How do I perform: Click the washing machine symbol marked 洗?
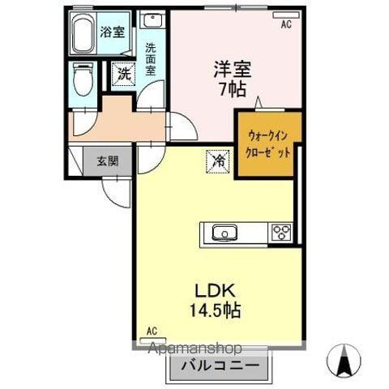pos(122,73)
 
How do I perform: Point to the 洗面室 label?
pos(150,58)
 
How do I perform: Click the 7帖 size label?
pos(230,88)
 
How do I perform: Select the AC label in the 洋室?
pos(285,25)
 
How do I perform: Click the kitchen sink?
pos(223,233)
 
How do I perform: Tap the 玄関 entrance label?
pos(109,160)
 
